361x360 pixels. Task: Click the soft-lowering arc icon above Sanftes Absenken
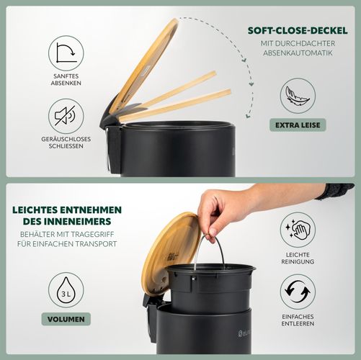point(66,53)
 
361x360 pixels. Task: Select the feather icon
point(298,96)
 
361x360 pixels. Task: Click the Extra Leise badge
point(298,125)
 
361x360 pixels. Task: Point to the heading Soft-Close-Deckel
point(298,31)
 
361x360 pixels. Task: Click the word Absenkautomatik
point(298,53)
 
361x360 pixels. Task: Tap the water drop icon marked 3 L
point(66,290)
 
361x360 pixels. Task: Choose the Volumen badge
point(66,319)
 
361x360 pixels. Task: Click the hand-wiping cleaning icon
point(298,230)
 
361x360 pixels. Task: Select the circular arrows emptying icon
point(298,292)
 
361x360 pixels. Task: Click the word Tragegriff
point(90,234)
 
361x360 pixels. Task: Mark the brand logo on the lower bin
point(245,333)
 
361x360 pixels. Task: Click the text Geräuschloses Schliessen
point(66,143)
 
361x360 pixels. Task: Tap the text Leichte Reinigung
point(298,258)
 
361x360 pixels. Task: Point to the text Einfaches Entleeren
point(298,320)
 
